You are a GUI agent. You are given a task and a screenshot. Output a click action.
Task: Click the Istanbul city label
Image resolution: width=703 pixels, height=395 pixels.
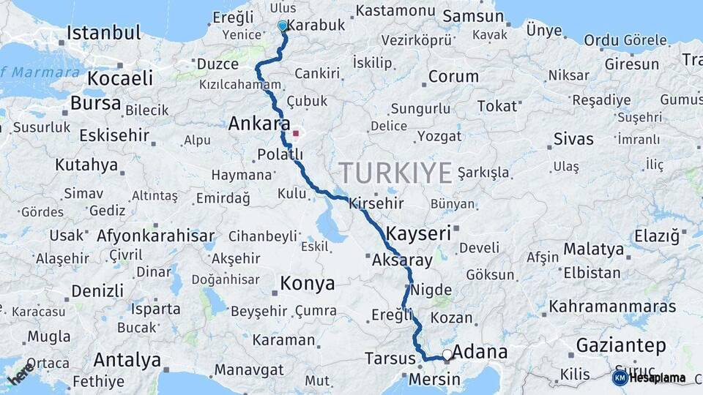coord(103,33)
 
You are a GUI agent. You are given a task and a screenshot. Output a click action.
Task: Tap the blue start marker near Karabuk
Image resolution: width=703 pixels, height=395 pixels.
coord(283,26)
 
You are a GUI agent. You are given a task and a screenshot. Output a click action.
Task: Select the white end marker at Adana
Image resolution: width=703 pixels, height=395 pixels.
coord(447,355)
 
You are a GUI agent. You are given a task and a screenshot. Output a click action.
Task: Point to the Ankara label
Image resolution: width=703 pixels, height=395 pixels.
coord(259,124)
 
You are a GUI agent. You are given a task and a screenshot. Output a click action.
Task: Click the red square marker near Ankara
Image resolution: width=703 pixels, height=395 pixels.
coord(296,134)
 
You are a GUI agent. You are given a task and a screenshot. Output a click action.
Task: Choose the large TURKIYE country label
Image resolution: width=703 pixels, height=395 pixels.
coord(395,173)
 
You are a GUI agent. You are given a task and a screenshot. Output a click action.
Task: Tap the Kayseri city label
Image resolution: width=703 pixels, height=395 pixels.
coord(418,234)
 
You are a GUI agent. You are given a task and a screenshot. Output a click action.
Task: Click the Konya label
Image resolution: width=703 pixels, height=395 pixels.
coord(308,283)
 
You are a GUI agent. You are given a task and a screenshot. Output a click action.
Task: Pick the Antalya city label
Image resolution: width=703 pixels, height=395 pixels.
coord(127,360)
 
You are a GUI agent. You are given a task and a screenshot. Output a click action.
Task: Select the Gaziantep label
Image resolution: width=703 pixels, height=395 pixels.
coord(621,345)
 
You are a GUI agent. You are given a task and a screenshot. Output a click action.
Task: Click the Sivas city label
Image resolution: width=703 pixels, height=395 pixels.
coord(573,139)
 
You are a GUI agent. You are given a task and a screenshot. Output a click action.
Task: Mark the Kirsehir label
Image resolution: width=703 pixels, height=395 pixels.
coord(377,203)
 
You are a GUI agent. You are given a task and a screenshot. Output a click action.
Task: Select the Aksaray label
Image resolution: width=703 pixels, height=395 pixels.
coord(402,260)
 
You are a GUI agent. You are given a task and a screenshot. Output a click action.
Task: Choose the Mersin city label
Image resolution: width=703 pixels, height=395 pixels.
coord(434,380)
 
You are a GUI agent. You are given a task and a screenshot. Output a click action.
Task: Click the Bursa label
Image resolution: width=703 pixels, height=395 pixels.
coord(96,104)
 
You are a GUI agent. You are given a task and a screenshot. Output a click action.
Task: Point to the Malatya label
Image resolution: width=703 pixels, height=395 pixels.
coord(594,249)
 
